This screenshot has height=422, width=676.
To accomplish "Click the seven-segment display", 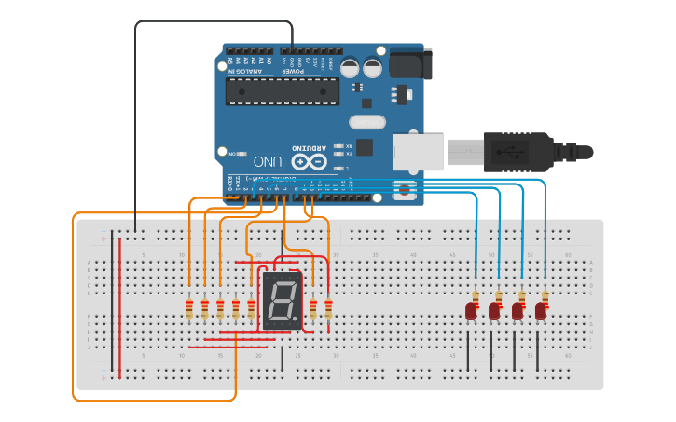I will (283, 301).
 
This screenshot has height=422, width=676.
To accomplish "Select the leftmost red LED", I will (471, 311).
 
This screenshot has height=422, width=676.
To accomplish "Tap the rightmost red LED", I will (541, 311).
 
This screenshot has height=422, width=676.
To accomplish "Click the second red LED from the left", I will (494, 311).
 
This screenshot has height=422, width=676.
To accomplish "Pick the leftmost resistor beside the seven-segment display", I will (189, 308).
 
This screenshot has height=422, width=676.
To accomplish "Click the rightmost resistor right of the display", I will (328, 308).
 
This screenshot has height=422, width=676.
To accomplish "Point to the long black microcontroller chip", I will (282, 91).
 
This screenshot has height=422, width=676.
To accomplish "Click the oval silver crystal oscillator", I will (366, 122).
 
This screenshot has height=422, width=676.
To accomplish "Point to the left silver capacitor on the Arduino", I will (350, 68).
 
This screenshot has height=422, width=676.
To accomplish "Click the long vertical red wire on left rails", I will (119, 307).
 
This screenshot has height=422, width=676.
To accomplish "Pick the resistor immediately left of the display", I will (251, 308).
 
